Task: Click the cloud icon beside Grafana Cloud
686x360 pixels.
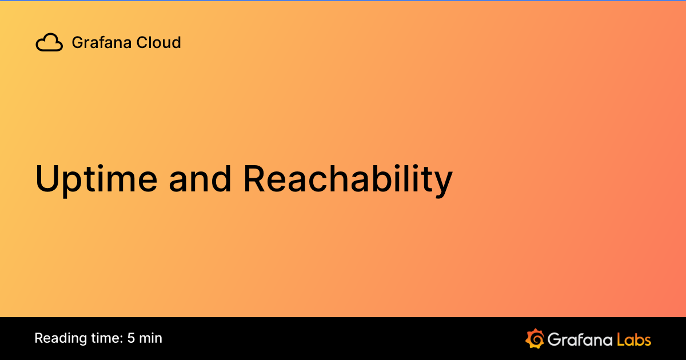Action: [x=49, y=43]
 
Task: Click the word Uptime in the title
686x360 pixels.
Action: [x=96, y=179]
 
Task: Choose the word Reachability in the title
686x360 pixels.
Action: [x=348, y=179]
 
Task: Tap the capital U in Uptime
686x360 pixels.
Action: [x=48, y=179]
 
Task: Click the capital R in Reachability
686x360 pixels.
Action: [x=255, y=179]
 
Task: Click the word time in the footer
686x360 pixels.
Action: [x=104, y=338]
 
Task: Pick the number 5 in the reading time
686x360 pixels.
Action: [x=131, y=338]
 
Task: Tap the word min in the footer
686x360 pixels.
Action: [x=151, y=338]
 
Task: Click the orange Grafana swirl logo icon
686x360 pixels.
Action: [x=535, y=338]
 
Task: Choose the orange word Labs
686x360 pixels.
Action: [x=634, y=339]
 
